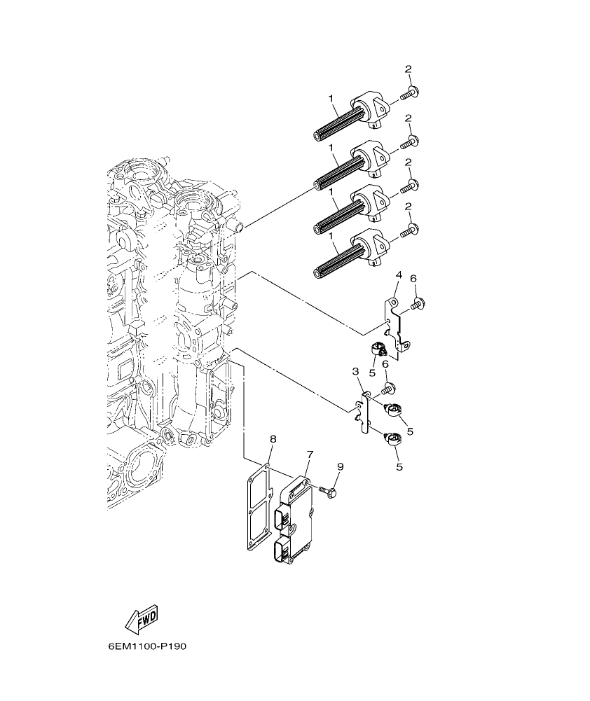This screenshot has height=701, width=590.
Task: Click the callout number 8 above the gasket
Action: pyautogui.click(x=273, y=439)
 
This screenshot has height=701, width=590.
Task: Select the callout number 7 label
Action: pyautogui.click(x=309, y=454)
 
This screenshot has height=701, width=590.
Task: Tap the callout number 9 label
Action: pyautogui.click(x=340, y=467)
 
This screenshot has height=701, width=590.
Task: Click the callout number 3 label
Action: pyautogui.click(x=355, y=371)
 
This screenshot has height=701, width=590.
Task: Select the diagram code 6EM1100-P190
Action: pyautogui.click(x=148, y=646)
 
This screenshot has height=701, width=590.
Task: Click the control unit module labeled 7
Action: pyautogui.click(x=299, y=518)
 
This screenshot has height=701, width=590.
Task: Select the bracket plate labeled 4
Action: pyautogui.click(x=394, y=326)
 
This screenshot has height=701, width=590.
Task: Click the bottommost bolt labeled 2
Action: pyautogui.click(x=409, y=230)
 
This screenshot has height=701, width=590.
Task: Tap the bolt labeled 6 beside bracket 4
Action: pyautogui.click(x=418, y=304)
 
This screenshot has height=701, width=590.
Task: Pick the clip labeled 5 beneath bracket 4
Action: pyautogui.click(x=380, y=348)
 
